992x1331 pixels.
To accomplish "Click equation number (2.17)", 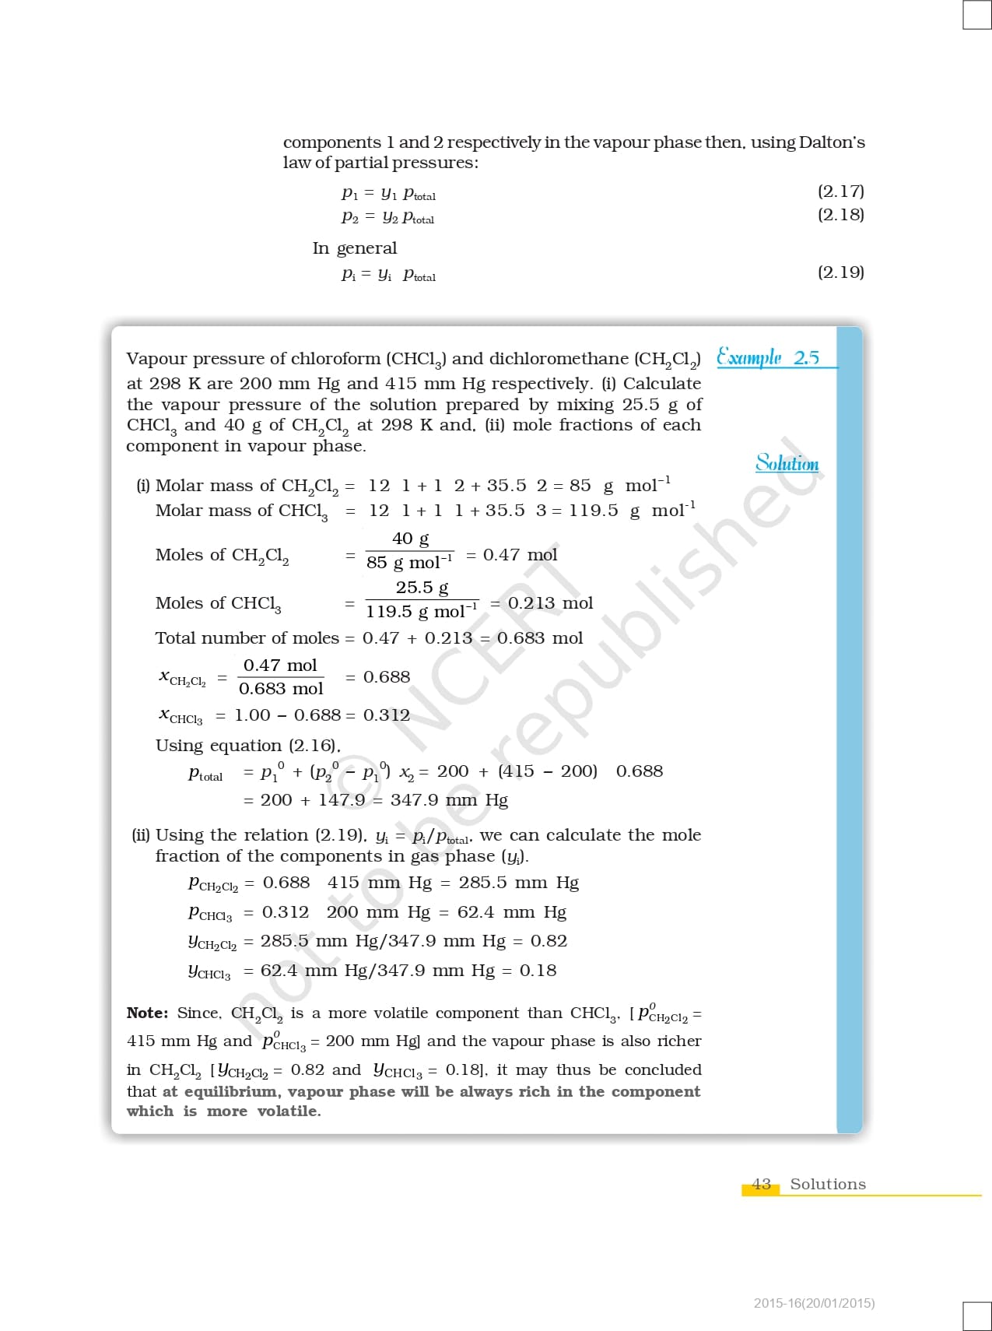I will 840,191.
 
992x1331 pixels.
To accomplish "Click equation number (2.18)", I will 840,215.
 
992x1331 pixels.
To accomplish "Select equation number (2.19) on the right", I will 840,272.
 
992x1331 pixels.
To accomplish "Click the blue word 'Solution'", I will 787,463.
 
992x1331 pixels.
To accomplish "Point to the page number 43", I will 762,1184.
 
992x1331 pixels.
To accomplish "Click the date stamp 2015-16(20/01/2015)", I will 814,1302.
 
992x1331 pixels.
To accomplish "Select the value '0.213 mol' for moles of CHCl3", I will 550,603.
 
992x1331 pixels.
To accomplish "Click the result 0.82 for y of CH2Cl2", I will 549,941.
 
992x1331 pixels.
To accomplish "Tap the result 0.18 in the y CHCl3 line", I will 538,971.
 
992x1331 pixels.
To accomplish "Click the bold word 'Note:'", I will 147,1013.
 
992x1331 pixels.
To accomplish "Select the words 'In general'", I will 355,248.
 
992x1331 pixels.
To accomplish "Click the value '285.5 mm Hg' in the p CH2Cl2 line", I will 518,883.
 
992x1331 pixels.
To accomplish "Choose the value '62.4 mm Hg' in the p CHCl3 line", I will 511,912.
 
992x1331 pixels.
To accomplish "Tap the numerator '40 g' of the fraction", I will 410,539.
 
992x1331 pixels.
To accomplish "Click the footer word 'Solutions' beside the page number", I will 828,1184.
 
